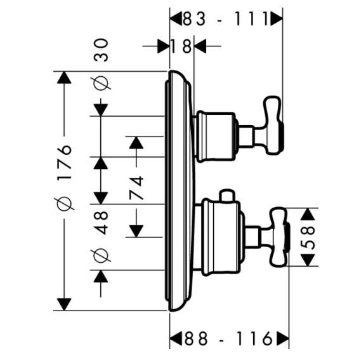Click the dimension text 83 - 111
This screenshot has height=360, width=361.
226,19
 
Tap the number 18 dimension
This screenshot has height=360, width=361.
181,46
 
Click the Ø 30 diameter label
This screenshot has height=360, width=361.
102,64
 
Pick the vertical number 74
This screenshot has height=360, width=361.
136,188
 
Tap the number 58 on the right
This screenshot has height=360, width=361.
308,237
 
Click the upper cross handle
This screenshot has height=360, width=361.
273,125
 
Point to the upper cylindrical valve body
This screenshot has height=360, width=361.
216,137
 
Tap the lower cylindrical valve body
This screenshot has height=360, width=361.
221,238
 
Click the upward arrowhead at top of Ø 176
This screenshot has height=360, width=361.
64,77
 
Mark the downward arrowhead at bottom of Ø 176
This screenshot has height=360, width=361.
64,304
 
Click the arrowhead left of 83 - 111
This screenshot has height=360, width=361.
176,19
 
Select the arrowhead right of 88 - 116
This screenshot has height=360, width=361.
282,339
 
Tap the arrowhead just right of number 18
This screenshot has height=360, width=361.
200,46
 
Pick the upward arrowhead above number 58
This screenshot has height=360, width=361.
308,214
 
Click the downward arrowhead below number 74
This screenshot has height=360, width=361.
136,231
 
